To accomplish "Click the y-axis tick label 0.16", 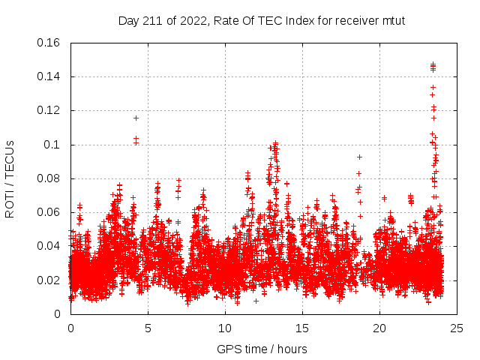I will click(x=49, y=43).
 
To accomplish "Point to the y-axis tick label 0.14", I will click(x=49, y=76).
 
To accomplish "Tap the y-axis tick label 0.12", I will click(x=49, y=110).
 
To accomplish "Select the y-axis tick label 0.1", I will click(x=52, y=145).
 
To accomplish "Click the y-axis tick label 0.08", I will click(x=49, y=178).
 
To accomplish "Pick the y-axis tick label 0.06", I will click(x=49, y=212).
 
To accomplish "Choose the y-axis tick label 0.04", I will click(x=49, y=246).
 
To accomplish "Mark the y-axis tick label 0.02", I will click(x=49, y=280).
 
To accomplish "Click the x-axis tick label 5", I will click(x=148, y=328).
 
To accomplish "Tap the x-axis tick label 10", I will click(x=225, y=328).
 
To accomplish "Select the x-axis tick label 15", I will click(x=302, y=328).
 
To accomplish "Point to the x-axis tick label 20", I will click(x=379, y=328).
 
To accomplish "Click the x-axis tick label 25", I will click(x=457, y=328).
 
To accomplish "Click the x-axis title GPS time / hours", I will click(x=262, y=349).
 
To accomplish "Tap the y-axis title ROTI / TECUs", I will click(x=10, y=178).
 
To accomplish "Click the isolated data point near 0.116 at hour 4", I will click(x=136, y=118).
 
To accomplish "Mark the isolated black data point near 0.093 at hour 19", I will click(x=360, y=157).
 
